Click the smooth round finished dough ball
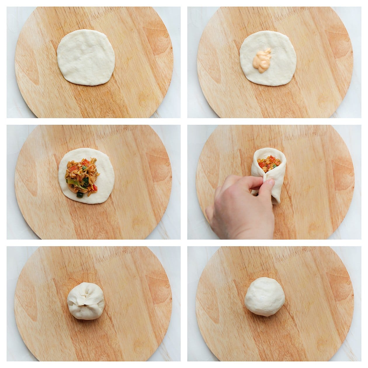point(265,296)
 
